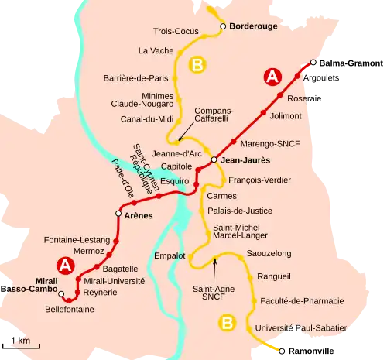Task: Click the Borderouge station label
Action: click(x=252, y=26)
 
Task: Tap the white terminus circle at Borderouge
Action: click(x=223, y=26)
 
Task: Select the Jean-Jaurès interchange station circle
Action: click(x=214, y=160)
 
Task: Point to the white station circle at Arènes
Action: click(x=118, y=213)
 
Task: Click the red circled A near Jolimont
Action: click(x=272, y=76)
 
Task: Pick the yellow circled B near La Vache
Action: click(x=197, y=65)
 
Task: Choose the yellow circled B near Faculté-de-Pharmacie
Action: click(x=227, y=321)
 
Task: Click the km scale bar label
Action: click(x=23, y=341)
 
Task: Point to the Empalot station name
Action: click(x=170, y=255)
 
